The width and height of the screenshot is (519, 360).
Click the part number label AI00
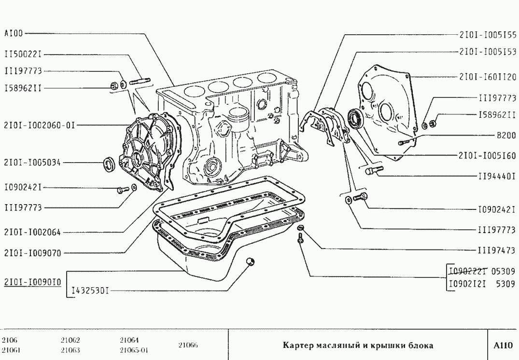pyautogui.click(x=14, y=34)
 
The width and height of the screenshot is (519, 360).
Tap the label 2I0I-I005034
pyautogui.click(x=33, y=163)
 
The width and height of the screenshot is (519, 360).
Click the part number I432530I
pyautogui.click(x=90, y=291)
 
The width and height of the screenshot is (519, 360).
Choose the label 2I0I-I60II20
pyautogui.click(x=488, y=76)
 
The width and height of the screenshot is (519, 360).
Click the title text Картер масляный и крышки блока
pyautogui.click(x=358, y=346)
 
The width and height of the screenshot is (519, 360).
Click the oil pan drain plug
pyautogui.click(x=250, y=262)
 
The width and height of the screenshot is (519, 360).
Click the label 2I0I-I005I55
pyautogui.click(x=488, y=35)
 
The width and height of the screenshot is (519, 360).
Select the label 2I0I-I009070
pyautogui.click(x=32, y=252)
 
